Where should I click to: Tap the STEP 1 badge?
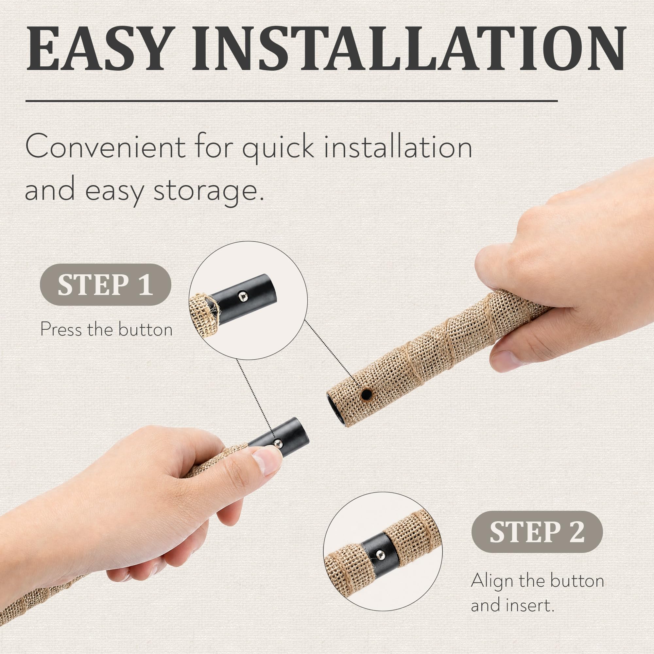(105, 285)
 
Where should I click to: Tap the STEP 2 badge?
(537, 532)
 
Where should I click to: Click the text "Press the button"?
(106, 329)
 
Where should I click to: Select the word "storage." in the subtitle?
(209, 191)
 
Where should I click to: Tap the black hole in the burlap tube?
(366, 394)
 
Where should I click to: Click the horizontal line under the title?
(292, 101)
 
